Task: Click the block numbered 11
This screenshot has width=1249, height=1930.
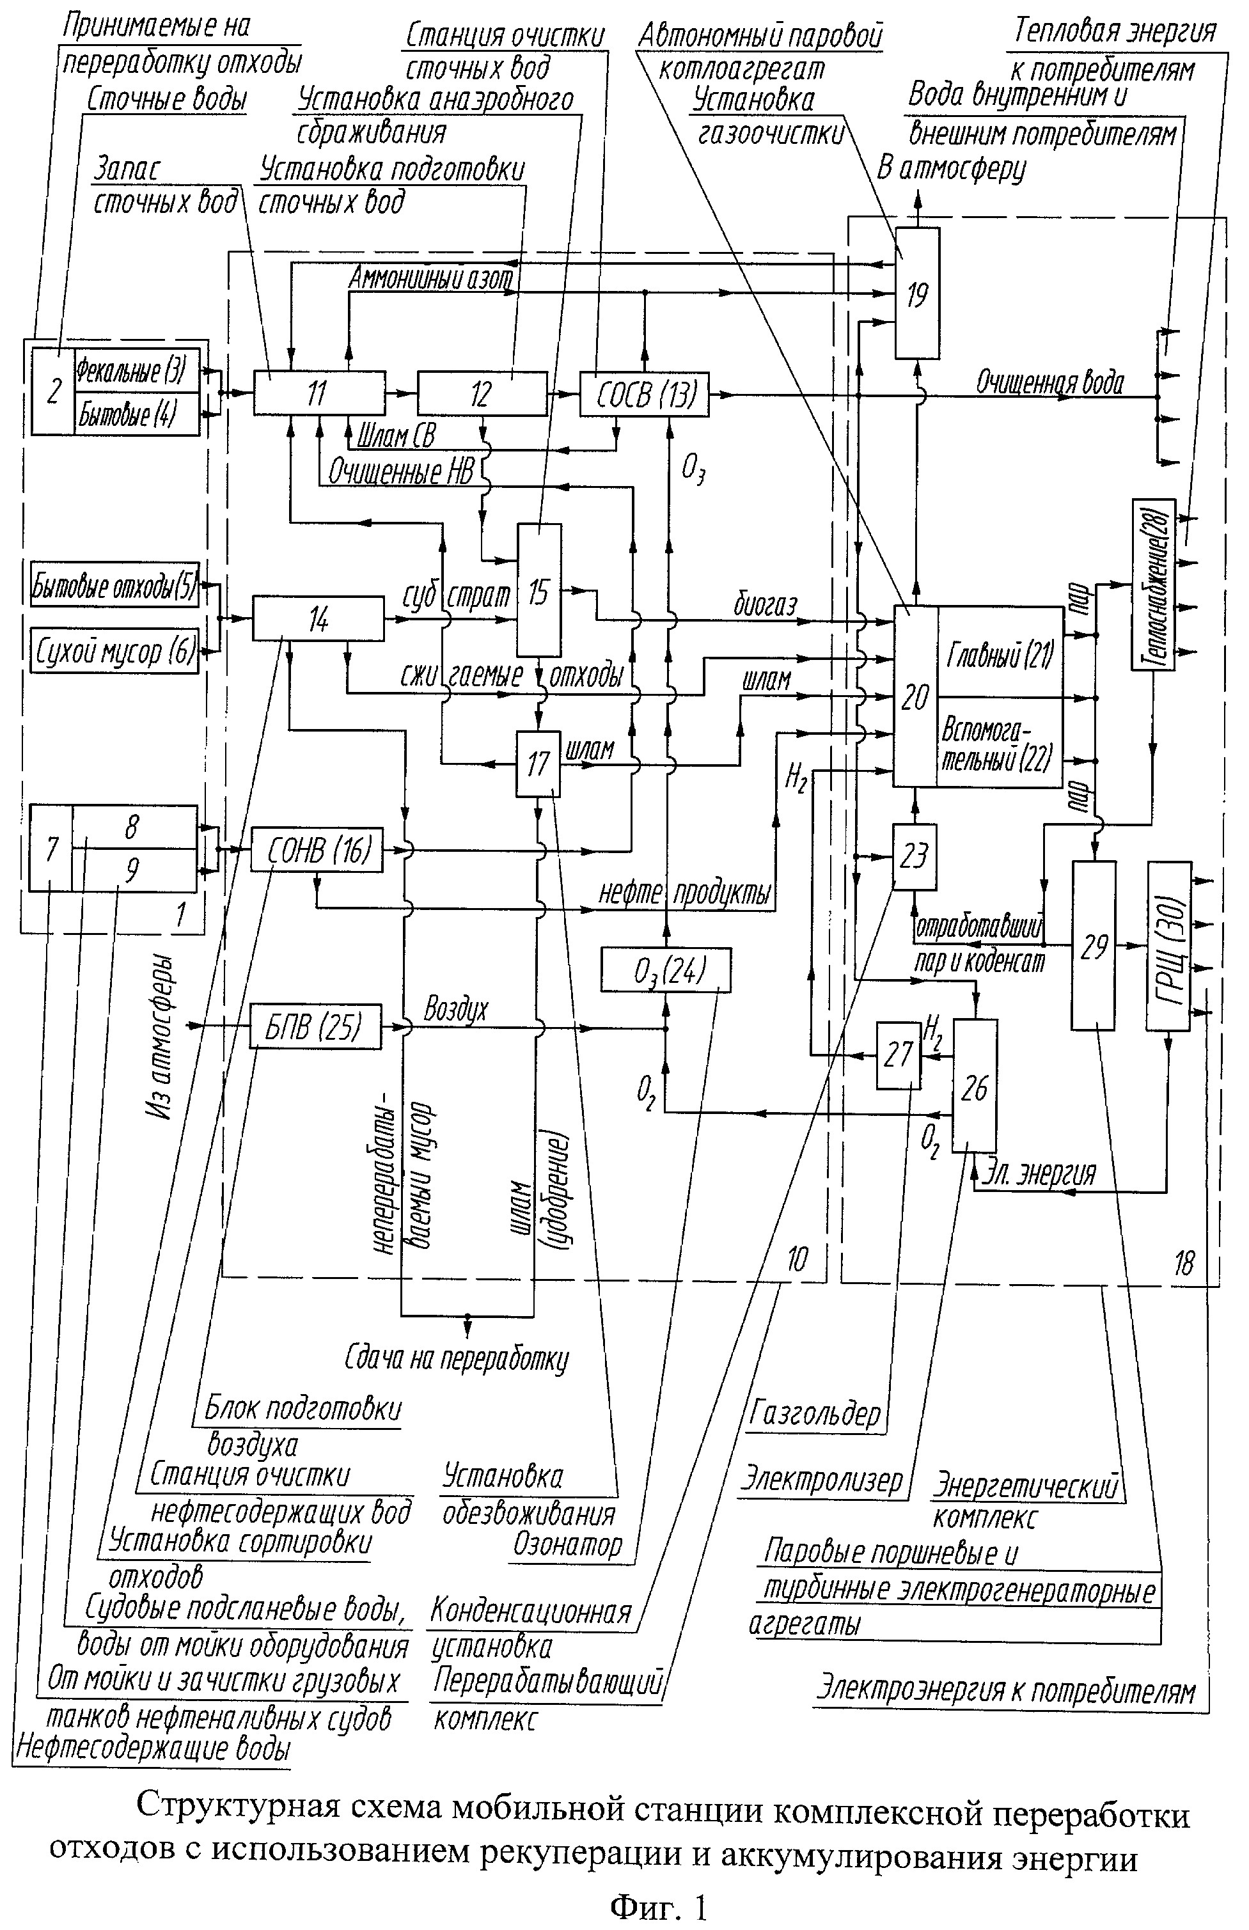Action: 318,393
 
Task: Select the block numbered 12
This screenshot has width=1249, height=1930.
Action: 482,393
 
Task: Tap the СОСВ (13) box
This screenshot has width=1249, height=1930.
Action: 644,393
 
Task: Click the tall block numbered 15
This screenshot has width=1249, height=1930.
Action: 539,590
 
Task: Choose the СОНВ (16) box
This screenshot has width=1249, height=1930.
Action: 317,850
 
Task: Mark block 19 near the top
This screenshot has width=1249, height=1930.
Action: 917,293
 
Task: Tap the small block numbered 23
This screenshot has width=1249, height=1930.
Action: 914,856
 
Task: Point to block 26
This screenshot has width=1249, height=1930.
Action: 974,1086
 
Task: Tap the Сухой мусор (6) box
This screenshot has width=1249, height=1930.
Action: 114,650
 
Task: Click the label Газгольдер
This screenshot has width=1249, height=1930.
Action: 814,1413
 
